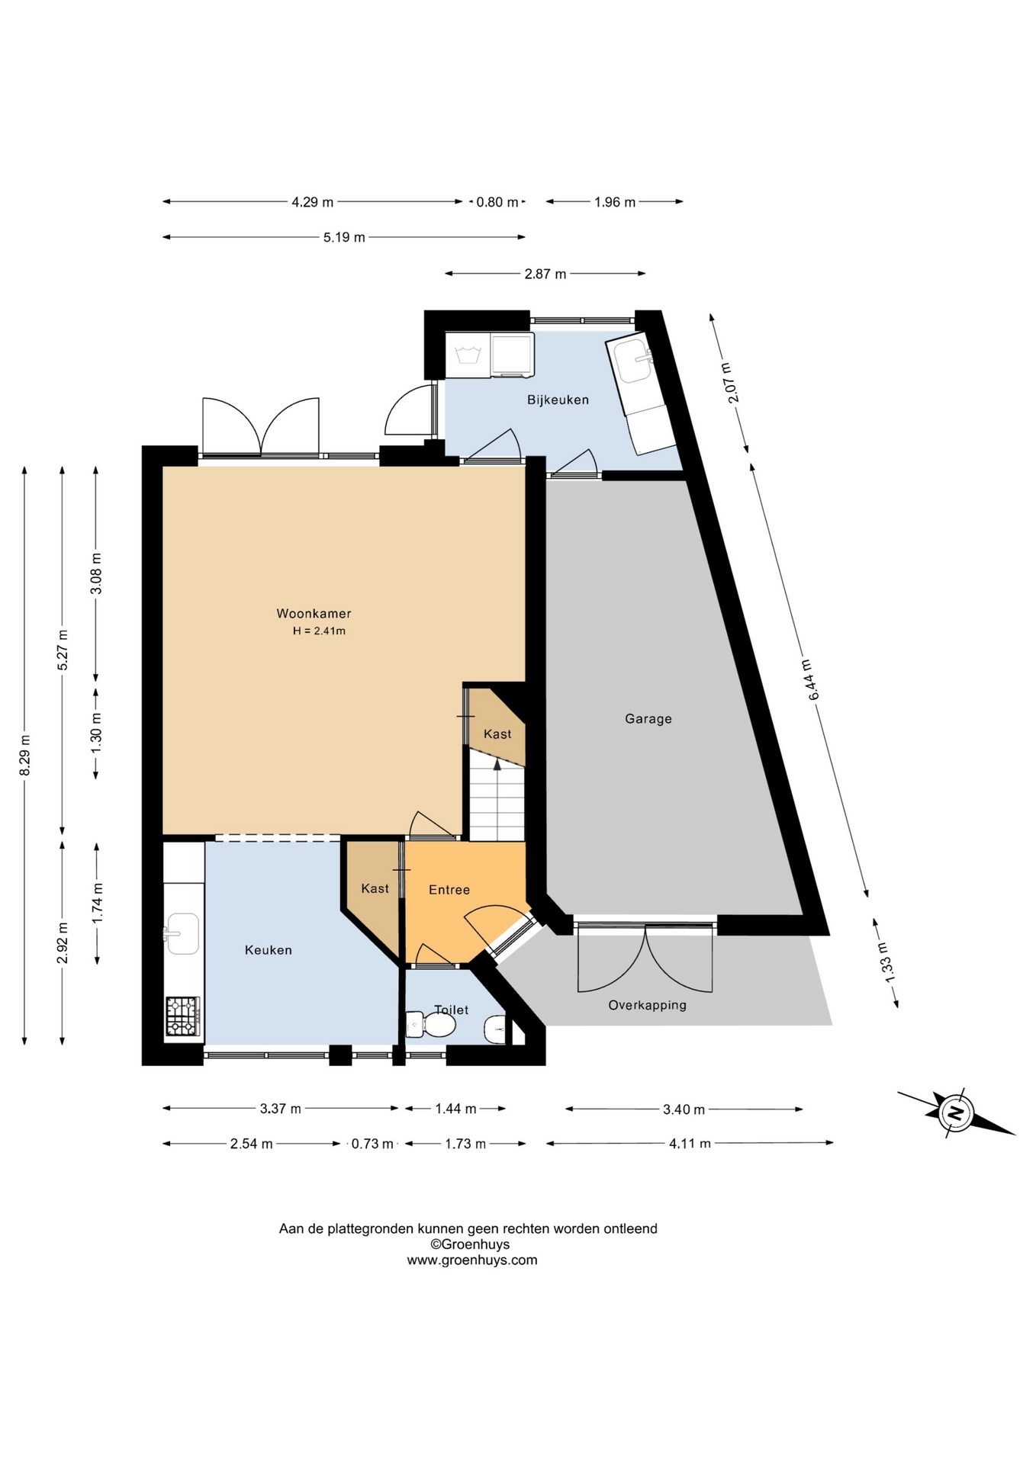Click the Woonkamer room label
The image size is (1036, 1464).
coord(314,613)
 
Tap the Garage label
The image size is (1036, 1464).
coord(648,718)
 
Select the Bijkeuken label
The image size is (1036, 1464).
coord(558,400)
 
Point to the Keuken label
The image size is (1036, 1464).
coord(268,949)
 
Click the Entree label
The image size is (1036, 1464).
coord(449,889)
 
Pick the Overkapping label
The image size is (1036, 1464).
coord(647,1005)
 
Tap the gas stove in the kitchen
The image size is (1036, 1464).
coord(183,1016)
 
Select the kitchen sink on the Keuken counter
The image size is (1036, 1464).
coord(182,933)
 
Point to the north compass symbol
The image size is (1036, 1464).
coord(955,1112)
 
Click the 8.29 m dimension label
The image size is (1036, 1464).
coord(24,755)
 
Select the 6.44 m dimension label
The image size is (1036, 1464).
coord(810,679)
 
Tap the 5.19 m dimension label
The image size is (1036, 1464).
coord(344,237)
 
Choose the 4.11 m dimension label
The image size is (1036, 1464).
coord(690,1143)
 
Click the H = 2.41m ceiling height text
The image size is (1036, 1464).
coord(319,631)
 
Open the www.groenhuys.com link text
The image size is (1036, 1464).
coord(471,1260)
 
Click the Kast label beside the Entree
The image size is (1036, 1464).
coord(375,888)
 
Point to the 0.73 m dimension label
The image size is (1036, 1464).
coord(372,1144)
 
